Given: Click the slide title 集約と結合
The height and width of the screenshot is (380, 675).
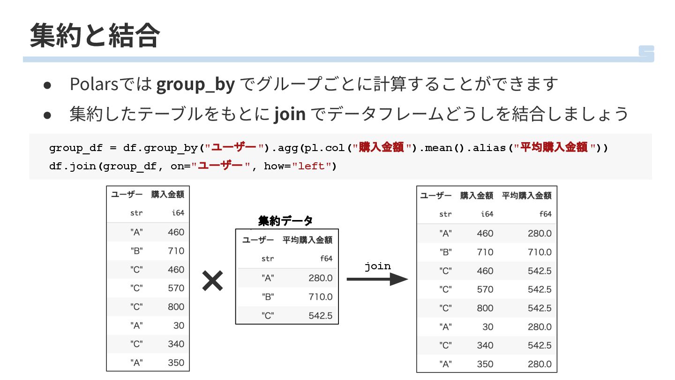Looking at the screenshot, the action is point(95,36).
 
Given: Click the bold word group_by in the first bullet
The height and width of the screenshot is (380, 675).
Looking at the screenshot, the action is point(195,84).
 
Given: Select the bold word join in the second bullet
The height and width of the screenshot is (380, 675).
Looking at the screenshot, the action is point(290,114).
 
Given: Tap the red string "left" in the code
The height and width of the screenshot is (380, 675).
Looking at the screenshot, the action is point(311,166).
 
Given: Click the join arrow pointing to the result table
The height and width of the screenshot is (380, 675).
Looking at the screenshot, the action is point(377,280).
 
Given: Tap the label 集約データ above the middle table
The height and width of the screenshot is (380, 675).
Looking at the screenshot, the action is point(285,220).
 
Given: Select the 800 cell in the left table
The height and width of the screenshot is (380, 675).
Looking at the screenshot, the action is point(176,307).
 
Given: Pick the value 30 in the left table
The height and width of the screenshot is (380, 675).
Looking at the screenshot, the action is point(179,326).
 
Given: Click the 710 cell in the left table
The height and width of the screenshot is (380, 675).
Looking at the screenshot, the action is point(176,251).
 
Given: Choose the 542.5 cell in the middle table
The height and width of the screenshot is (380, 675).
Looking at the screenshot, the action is point(320,316).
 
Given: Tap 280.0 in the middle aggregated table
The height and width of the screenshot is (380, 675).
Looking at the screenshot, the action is point(320,278).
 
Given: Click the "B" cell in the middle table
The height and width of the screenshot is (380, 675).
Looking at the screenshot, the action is point(268,297).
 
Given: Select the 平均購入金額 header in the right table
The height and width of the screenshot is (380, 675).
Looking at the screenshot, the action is point(526,196).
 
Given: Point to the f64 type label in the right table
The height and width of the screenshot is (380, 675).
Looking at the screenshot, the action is point(545,214).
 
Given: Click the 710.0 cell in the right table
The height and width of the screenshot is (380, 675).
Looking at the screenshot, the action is point(540,252).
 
